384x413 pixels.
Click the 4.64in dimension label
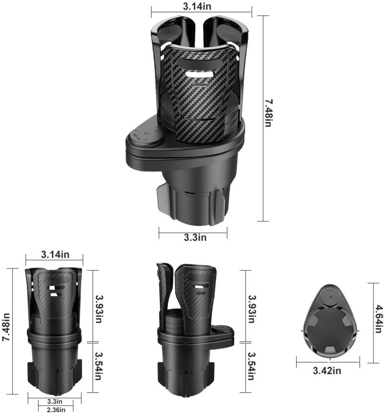(x=379, y=319)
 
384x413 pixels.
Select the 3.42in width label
(x=327, y=371)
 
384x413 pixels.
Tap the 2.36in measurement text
(x=56, y=410)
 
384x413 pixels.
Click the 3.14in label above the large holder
(x=197, y=6)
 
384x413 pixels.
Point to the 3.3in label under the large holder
(x=195, y=237)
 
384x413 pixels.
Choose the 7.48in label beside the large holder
(x=269, y=113)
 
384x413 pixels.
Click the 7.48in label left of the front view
(x=6, y=328)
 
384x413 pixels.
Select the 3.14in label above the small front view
(x=55, y=255)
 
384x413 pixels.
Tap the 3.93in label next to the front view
(x=99, y=309)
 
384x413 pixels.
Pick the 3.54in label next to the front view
(x=98, y=366)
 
